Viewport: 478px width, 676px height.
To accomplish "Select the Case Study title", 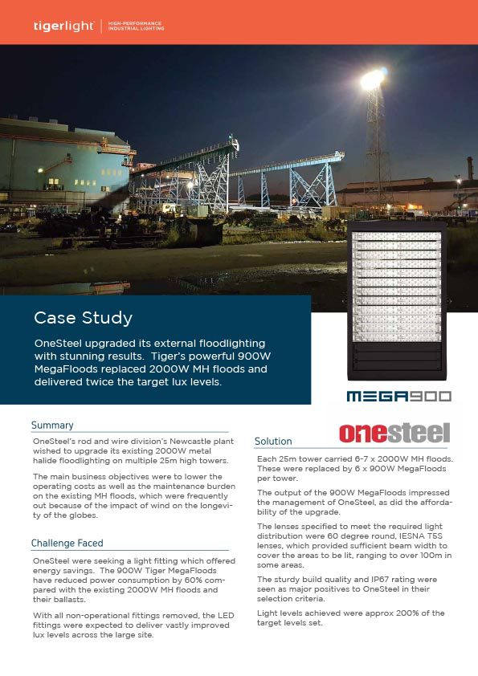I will [83, 318].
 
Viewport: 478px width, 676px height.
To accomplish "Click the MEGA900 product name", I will [398, 396].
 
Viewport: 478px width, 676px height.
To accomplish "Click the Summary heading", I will [52, 425].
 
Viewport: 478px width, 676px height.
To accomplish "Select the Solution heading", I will [273, 441].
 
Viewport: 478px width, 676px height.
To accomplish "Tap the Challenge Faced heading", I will [67, 543].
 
